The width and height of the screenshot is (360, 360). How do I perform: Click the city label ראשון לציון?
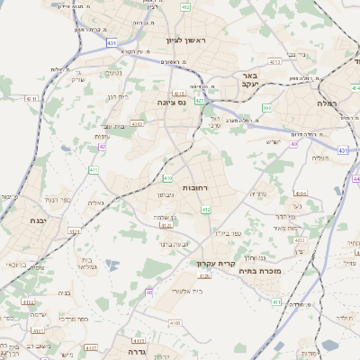pyautogui.click(x=186, y=41)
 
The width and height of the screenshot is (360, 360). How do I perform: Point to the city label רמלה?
pyautogui.click(x=326, y=104)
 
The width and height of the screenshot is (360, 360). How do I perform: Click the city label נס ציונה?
pyautogui.click(x=171, y=103)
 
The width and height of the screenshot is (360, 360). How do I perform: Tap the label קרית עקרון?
pyautogui.click(x=215, y=264)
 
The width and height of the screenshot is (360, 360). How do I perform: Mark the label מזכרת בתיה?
pyautogui.click(x=288, y=270)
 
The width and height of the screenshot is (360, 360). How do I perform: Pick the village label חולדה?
pyautogui.click(x=345, y=319)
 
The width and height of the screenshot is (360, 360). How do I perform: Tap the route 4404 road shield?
pyautogui.click(x=300, y=193)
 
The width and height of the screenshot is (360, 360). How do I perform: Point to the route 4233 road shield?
pyautogui.click(x=299, y=240)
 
